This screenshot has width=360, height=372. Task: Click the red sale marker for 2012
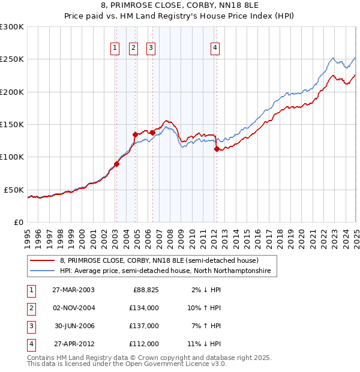pyautogui.click(x=217, y=150)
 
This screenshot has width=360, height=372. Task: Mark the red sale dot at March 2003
pyautogui.click(x=117, y=164)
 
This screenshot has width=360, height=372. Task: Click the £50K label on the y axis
pyautogui.click(x=14, y=190)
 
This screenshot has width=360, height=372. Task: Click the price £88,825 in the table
pyautogui.click(x=146, y=290)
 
